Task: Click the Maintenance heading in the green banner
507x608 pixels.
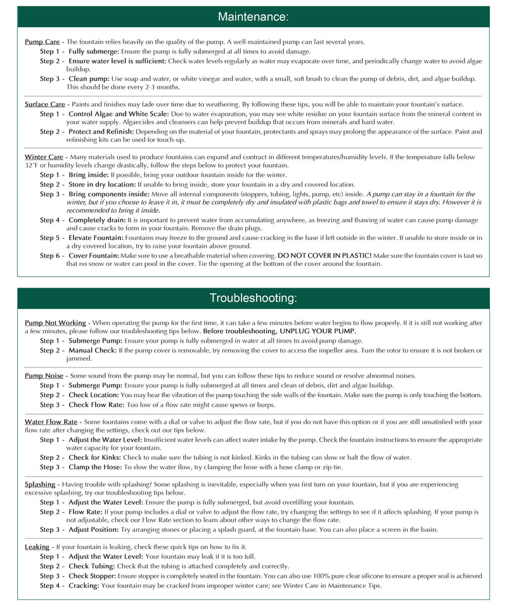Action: click(x=253, y=17)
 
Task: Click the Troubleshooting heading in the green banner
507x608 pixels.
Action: click(x=253, y=298)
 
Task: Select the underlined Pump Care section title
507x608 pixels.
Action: click(x=42, y=42)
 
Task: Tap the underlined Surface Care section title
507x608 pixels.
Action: click(x=44, y=104)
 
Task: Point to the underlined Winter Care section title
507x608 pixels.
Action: click(x=44, y=156)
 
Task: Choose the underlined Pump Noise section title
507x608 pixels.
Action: click(x=43, y=376)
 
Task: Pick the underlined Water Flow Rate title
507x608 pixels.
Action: click(x=51, y=421)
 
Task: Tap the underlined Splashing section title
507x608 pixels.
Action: click(x=40, y=484)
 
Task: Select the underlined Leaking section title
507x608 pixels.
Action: click(x=37, y=547)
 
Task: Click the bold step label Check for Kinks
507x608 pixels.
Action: click(x=96, y=457)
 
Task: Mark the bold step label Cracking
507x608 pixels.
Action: click(x=84, y=585)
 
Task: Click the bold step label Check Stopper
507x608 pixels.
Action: click(x=93, y=576)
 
